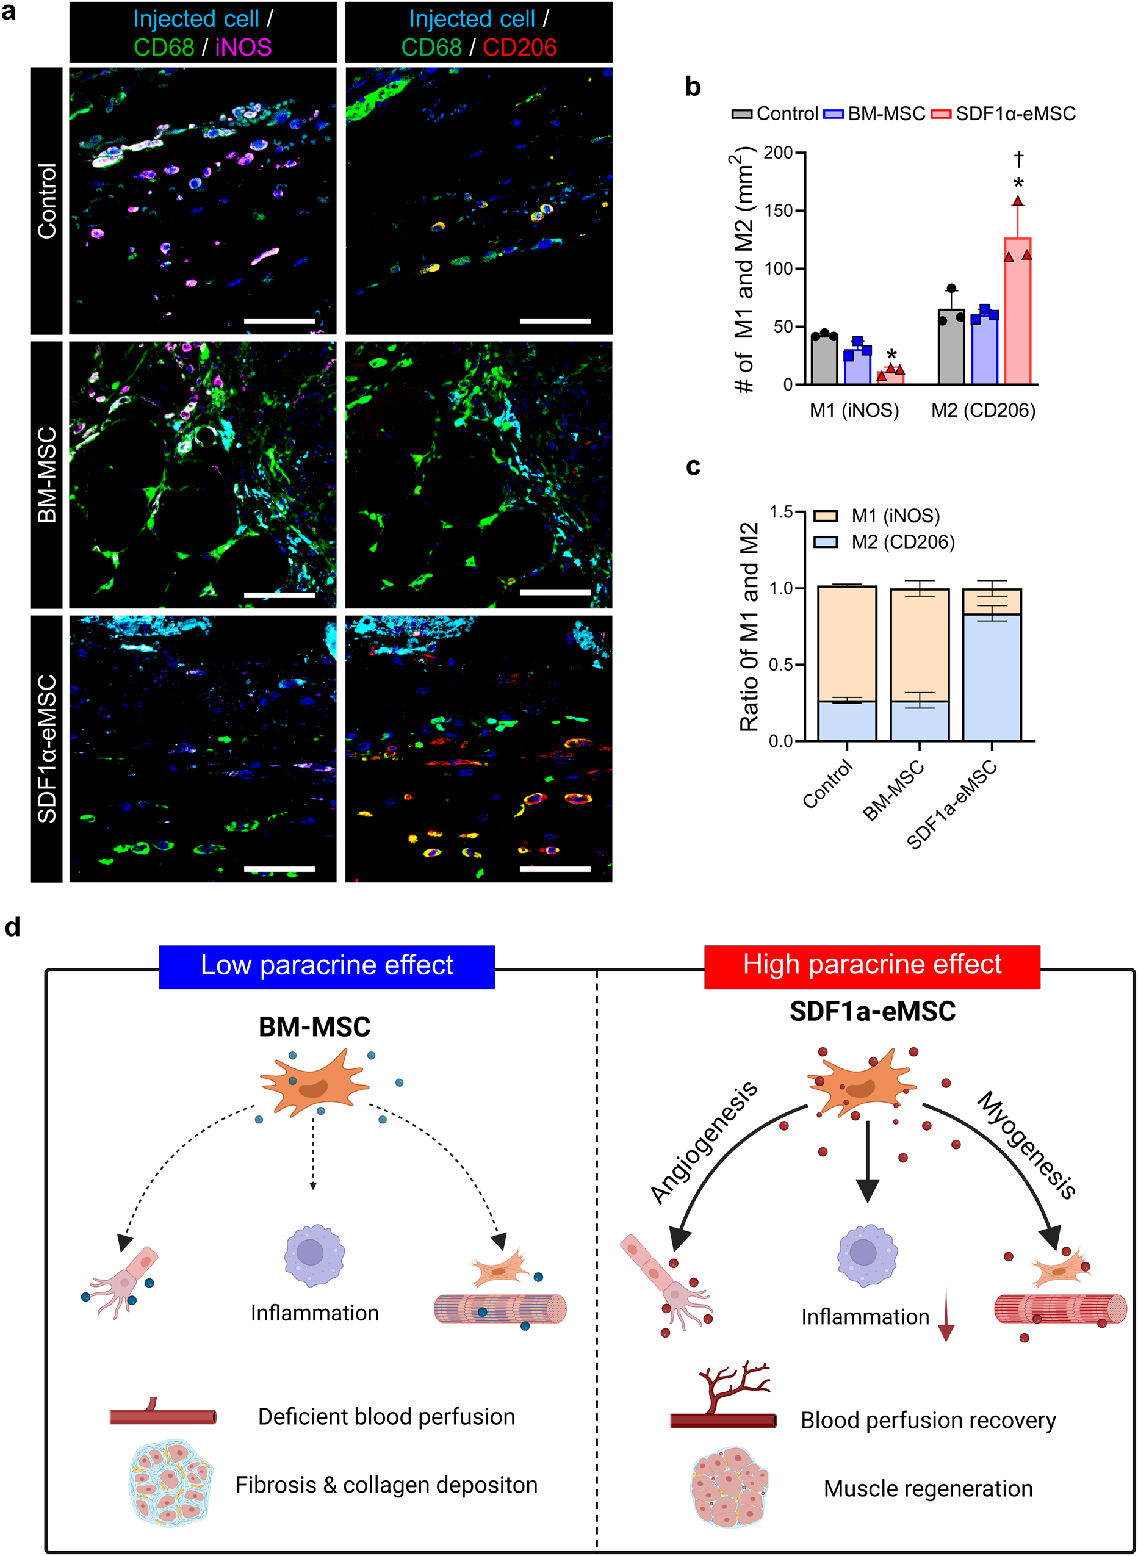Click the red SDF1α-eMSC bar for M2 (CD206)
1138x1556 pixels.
click(1017, 311)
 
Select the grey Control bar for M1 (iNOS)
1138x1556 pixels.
click(824, 359)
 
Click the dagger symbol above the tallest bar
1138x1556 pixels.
click(1018, 160)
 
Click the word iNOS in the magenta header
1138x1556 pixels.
click(243, 47)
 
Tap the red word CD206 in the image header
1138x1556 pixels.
click(519, 47)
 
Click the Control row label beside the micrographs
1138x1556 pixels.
click(47, 201)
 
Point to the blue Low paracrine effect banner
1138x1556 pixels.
click(326, 966)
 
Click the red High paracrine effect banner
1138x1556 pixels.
click(871, 965)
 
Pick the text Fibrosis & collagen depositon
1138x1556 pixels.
click(386, 1485)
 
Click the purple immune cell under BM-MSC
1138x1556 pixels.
click(314, 1256)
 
